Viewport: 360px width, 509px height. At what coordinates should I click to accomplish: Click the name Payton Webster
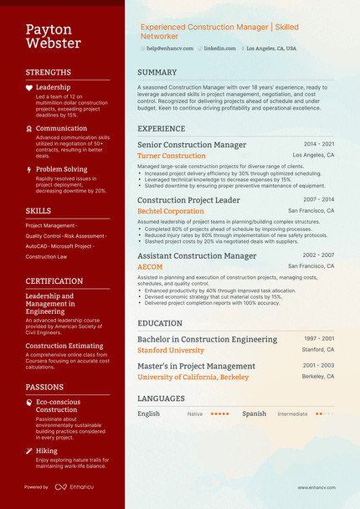(53, 36)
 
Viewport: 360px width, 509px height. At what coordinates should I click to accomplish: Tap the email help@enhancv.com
(170, 49)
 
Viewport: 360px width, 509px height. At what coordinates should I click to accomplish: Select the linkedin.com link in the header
(220, 49)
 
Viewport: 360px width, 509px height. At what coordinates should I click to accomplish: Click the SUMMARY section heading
(157, 72)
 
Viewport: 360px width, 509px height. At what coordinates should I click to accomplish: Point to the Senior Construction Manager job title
(192, 145)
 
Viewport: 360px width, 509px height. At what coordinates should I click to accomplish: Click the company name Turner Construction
(171, 156)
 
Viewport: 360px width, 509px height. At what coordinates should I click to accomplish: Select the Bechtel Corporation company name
(171, 212)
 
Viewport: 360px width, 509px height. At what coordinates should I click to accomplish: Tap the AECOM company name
(150, 267)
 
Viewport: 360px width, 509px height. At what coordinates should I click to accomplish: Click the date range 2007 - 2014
(318, 200)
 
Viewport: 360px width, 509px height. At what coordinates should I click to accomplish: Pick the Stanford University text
(171, 350)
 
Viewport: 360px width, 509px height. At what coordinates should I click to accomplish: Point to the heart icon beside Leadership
(29, 88)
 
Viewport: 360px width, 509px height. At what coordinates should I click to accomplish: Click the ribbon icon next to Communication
(29, 129)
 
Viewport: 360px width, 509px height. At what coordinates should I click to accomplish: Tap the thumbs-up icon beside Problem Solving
(29, 170)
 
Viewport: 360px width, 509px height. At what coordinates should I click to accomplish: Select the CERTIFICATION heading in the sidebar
(54, 281)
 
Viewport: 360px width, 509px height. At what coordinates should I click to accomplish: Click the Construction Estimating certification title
(64, 346)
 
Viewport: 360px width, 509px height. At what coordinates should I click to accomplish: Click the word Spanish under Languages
(255, 414)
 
